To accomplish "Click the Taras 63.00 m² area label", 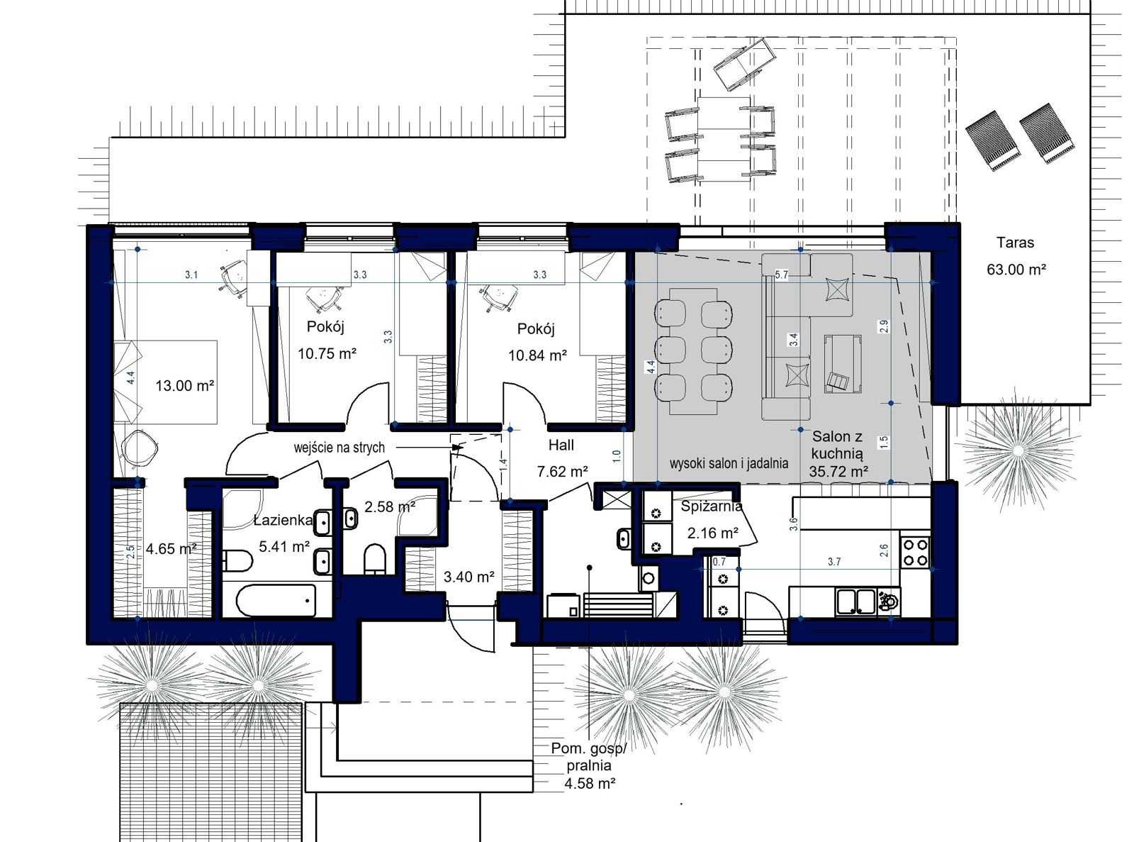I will (x=1016, y=256).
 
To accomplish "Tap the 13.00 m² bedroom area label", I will (x=184, y=386).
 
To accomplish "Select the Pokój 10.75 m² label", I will (x=326, y=340).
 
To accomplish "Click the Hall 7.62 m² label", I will (x=561, y=458).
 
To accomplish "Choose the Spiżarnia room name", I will (x=711, y=506).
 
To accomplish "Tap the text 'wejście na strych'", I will (x=339, y=448).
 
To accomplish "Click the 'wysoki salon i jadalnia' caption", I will (x=729, y=463).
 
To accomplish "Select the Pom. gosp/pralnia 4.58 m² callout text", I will (x=589, y=766).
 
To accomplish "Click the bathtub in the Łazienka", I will (x=276, y=601).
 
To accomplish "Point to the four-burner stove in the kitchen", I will (x=915, y=552).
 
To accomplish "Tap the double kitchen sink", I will (x=855, y=602).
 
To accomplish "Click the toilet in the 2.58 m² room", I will (x=374, y=558).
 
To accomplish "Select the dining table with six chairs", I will (x=694, y=350).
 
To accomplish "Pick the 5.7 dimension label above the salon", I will (x=781, y=275).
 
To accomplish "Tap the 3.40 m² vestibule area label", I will (x=468, y=577).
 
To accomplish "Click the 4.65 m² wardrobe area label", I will (x=171, y=548).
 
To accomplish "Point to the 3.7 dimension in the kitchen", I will (x=834, y=562).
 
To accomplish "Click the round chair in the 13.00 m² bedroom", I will (x=140, y=448).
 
